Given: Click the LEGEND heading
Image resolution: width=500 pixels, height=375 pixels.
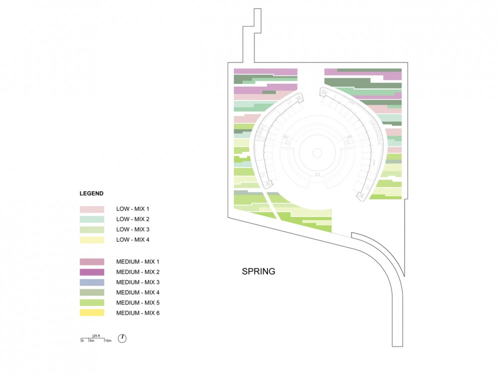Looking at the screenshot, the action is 91,193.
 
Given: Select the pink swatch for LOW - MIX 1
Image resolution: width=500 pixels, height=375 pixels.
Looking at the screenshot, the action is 92,209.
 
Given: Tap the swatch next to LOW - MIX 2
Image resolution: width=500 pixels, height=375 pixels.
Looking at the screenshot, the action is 92,219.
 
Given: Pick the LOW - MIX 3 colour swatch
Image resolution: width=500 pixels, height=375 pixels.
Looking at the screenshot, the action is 92,229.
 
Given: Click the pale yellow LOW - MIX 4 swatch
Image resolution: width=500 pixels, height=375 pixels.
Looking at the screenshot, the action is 92,240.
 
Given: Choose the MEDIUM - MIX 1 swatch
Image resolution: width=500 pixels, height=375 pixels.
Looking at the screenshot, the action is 92,262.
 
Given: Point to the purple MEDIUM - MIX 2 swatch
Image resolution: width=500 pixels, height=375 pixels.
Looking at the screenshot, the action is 92,272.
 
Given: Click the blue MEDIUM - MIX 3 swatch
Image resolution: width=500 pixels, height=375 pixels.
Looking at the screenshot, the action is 92,282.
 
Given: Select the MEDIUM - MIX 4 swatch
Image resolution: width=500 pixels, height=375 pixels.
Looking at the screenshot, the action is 92,292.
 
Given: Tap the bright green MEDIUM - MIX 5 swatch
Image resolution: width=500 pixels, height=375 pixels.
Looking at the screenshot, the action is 92,302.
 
